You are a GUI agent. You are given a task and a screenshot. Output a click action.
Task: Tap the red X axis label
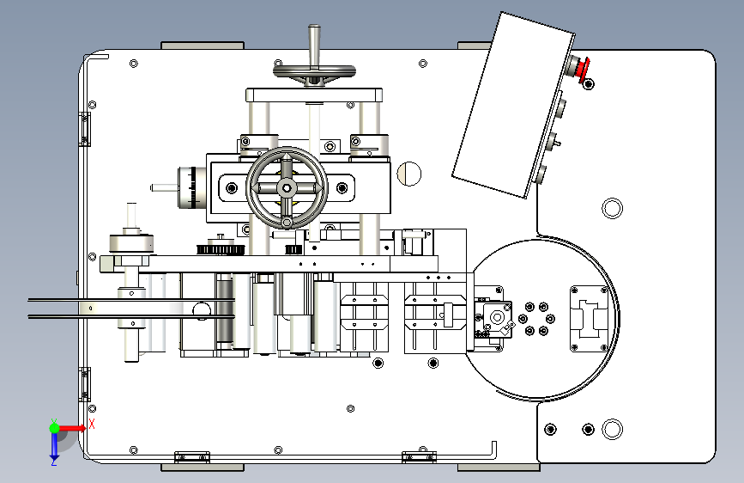pos(92,424)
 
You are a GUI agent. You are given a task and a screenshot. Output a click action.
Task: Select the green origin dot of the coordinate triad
pos(55,428)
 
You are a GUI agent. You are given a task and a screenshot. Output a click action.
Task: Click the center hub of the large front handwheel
pos(287,188)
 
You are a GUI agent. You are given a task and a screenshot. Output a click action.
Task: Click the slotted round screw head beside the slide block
pos(409,174)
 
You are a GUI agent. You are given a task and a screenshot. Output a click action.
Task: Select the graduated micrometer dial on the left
pos(192,187)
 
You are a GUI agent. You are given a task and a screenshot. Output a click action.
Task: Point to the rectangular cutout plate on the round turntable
pos(589,318)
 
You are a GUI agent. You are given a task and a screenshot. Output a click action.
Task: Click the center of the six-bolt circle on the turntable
pos(536,319)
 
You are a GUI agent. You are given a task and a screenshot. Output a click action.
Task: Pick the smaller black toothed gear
pos(293,249)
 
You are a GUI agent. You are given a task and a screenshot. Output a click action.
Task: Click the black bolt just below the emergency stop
pos(589,84)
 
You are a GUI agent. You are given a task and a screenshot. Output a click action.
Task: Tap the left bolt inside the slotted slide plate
pos(232,188)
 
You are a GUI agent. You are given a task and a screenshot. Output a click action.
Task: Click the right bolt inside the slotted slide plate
pos(342,188)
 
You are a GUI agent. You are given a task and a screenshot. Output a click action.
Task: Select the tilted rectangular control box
pos(513,105)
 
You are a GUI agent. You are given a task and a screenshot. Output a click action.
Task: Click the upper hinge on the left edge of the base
pos(84,129)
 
